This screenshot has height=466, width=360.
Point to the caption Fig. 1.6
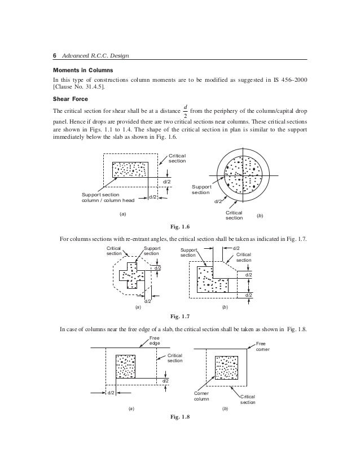tap(179, 227)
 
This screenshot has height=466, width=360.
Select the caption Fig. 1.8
tap(179, 417)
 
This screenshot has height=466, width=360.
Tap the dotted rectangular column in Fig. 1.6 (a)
tap(130, 169)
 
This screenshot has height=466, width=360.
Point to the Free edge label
tap(154, 340)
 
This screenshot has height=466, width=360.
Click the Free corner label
tap(264, 346)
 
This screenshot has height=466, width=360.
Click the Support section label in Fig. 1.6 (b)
tap(201, 189)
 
